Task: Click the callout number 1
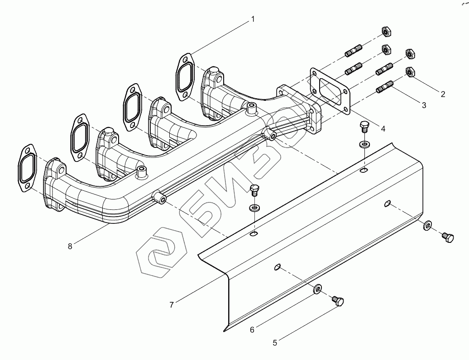[x=253, y=19]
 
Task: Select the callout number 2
[x=443, y=94]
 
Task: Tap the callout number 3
[x=424, y=105]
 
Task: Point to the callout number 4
[x=383, y=128]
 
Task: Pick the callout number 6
[x=252, y=329]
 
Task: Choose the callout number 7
[x=172, y=305]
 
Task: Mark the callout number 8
[x=70, y=246]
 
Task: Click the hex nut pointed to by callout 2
[x=410, y=72]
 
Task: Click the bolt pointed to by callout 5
[x=338, y=301]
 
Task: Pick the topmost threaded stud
[x=354, y=50]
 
